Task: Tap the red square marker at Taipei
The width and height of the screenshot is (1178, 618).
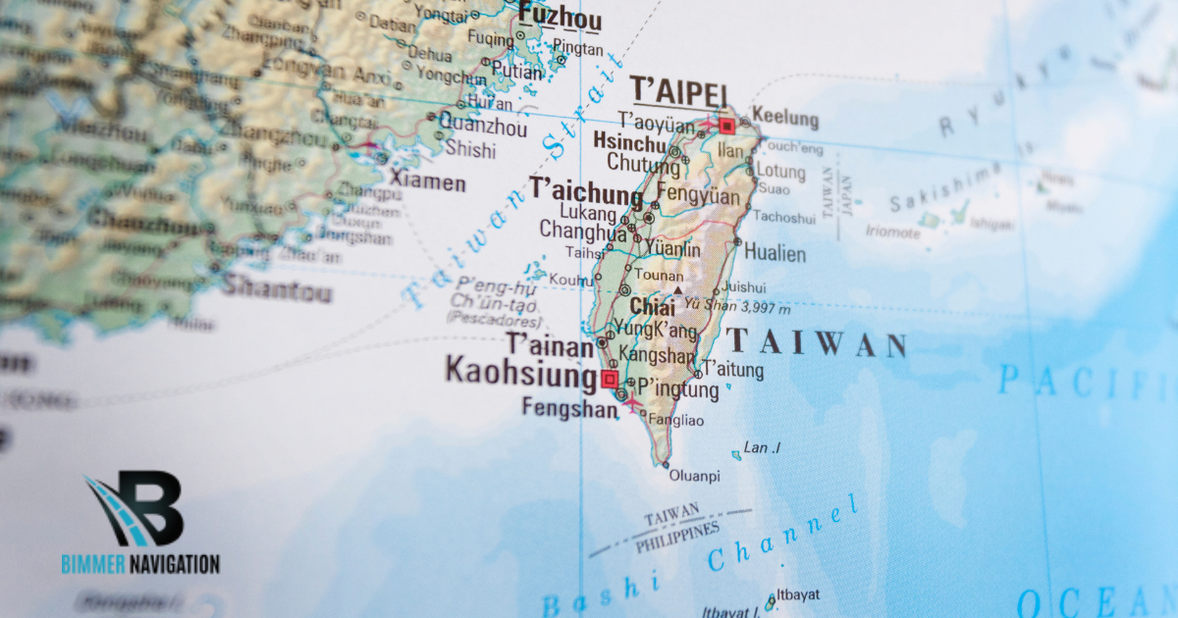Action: (x=726, y=125)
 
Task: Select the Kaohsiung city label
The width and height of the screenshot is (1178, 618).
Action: (x=519, y=371)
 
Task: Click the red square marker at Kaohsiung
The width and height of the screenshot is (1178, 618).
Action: (x=609, y=378)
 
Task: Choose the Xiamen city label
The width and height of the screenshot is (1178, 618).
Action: (x=427, y=181)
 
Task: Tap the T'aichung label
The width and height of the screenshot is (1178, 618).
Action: (x=585, y=188)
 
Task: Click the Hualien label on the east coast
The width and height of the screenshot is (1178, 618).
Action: (x=775, y=254)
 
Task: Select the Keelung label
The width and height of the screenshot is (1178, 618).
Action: (x=784, y=119)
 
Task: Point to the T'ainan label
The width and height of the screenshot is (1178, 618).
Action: (x=549, y=345)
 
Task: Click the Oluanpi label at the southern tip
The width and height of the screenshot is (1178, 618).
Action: (x=694, y=476)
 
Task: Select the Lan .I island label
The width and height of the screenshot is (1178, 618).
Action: (x=762, y=448)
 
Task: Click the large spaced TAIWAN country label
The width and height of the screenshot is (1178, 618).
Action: (x=816, y=344)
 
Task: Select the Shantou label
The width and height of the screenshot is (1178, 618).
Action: (x=277, y=289)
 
